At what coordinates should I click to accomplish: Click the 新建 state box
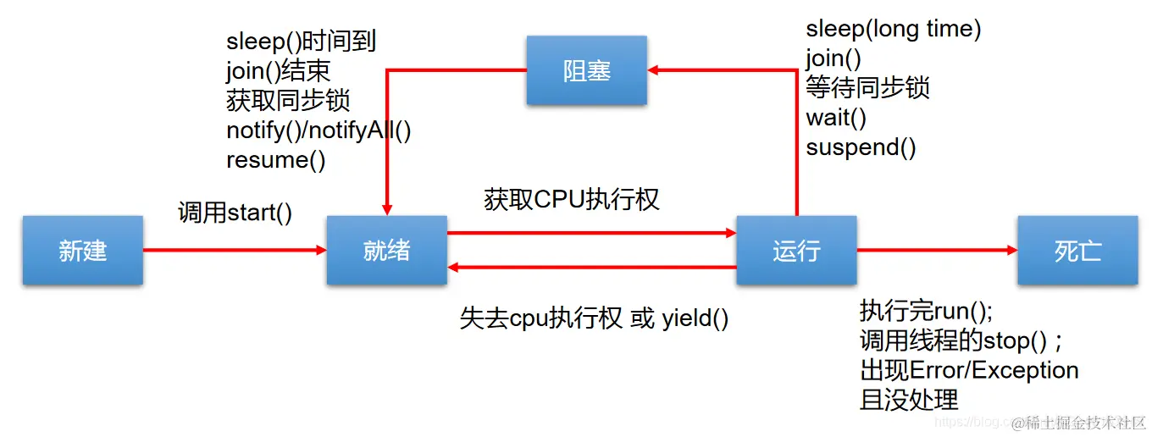(82, 250)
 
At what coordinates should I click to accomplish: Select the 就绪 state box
(386, 250)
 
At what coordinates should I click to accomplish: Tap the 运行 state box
(796, 250)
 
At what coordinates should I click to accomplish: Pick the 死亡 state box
(1077, 250)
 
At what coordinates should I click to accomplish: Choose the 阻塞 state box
(586, 70)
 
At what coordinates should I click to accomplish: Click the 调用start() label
(235, 212)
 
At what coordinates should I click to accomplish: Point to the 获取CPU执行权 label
(572, 199)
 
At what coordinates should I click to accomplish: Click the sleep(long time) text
(893, 30)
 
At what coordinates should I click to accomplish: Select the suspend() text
(861, 147)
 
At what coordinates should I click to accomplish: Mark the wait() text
(836, 118)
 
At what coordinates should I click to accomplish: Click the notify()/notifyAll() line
(318, 130)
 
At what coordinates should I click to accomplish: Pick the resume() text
(275, 160)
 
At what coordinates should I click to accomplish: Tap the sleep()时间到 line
(301, 41)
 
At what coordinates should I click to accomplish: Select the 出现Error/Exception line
(969, 370)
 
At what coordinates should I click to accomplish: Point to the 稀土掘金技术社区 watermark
(1085, 421)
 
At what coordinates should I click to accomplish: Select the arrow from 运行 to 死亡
(936, 250)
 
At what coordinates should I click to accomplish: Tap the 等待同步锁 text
(867, 88)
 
